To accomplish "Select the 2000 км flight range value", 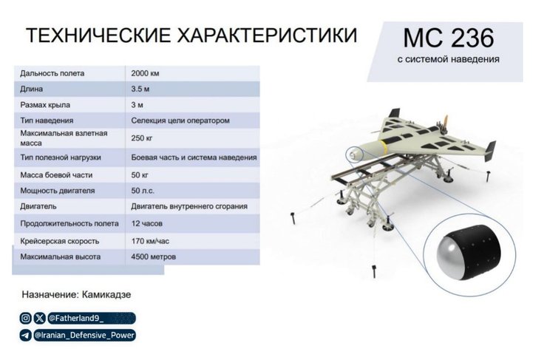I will pyautogui.click(x=145, y=73).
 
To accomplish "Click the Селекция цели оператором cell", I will pyautogui.click(x=180, y=120).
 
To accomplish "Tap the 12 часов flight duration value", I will pyautogui.click(x=147, y=224).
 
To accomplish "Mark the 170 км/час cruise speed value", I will pyautogui.click(x=151, y=241).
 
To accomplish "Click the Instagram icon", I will pyautogui.click(x=26, y=319).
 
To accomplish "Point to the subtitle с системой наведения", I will pyautogui.click(x=448, y=58).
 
